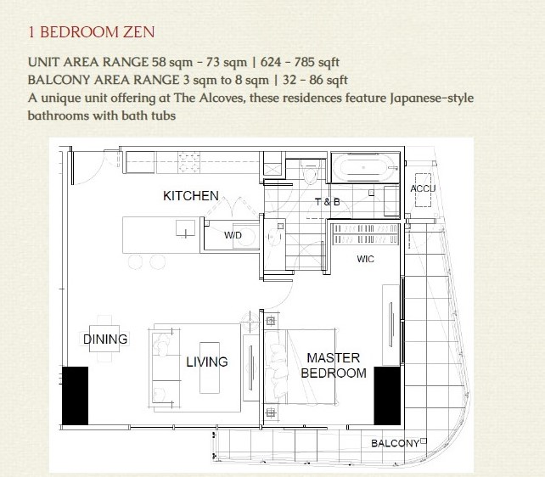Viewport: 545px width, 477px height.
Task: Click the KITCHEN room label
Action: (x=191, y=196)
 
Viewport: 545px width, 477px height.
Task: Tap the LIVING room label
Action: (x=207, y=362)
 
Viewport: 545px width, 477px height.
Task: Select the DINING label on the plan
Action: (x=105, y=339)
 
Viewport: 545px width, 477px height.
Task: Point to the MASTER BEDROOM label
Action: (x=334, y=366)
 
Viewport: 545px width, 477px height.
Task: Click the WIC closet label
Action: (x=365, y=259)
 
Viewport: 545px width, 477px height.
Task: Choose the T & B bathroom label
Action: (x=328, y=202)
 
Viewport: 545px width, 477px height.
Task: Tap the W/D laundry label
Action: (x=233, y=235)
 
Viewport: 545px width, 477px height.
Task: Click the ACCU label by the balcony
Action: (x=423, y=188)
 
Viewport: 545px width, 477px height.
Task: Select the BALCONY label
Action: (x=396, y=443)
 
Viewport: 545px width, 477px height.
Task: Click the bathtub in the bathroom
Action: (x=364, y=167)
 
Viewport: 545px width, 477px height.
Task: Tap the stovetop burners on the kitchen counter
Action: (x=189, y=162)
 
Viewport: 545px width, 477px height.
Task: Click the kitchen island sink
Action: (x=185, y=229)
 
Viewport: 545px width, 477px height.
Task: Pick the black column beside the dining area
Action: (x=75, y=396)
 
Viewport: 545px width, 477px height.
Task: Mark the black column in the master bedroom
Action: (x=387, y=396)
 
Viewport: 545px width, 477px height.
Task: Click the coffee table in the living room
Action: (x=210, y=368)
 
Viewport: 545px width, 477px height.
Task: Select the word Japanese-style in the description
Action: (x=431, y=98)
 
